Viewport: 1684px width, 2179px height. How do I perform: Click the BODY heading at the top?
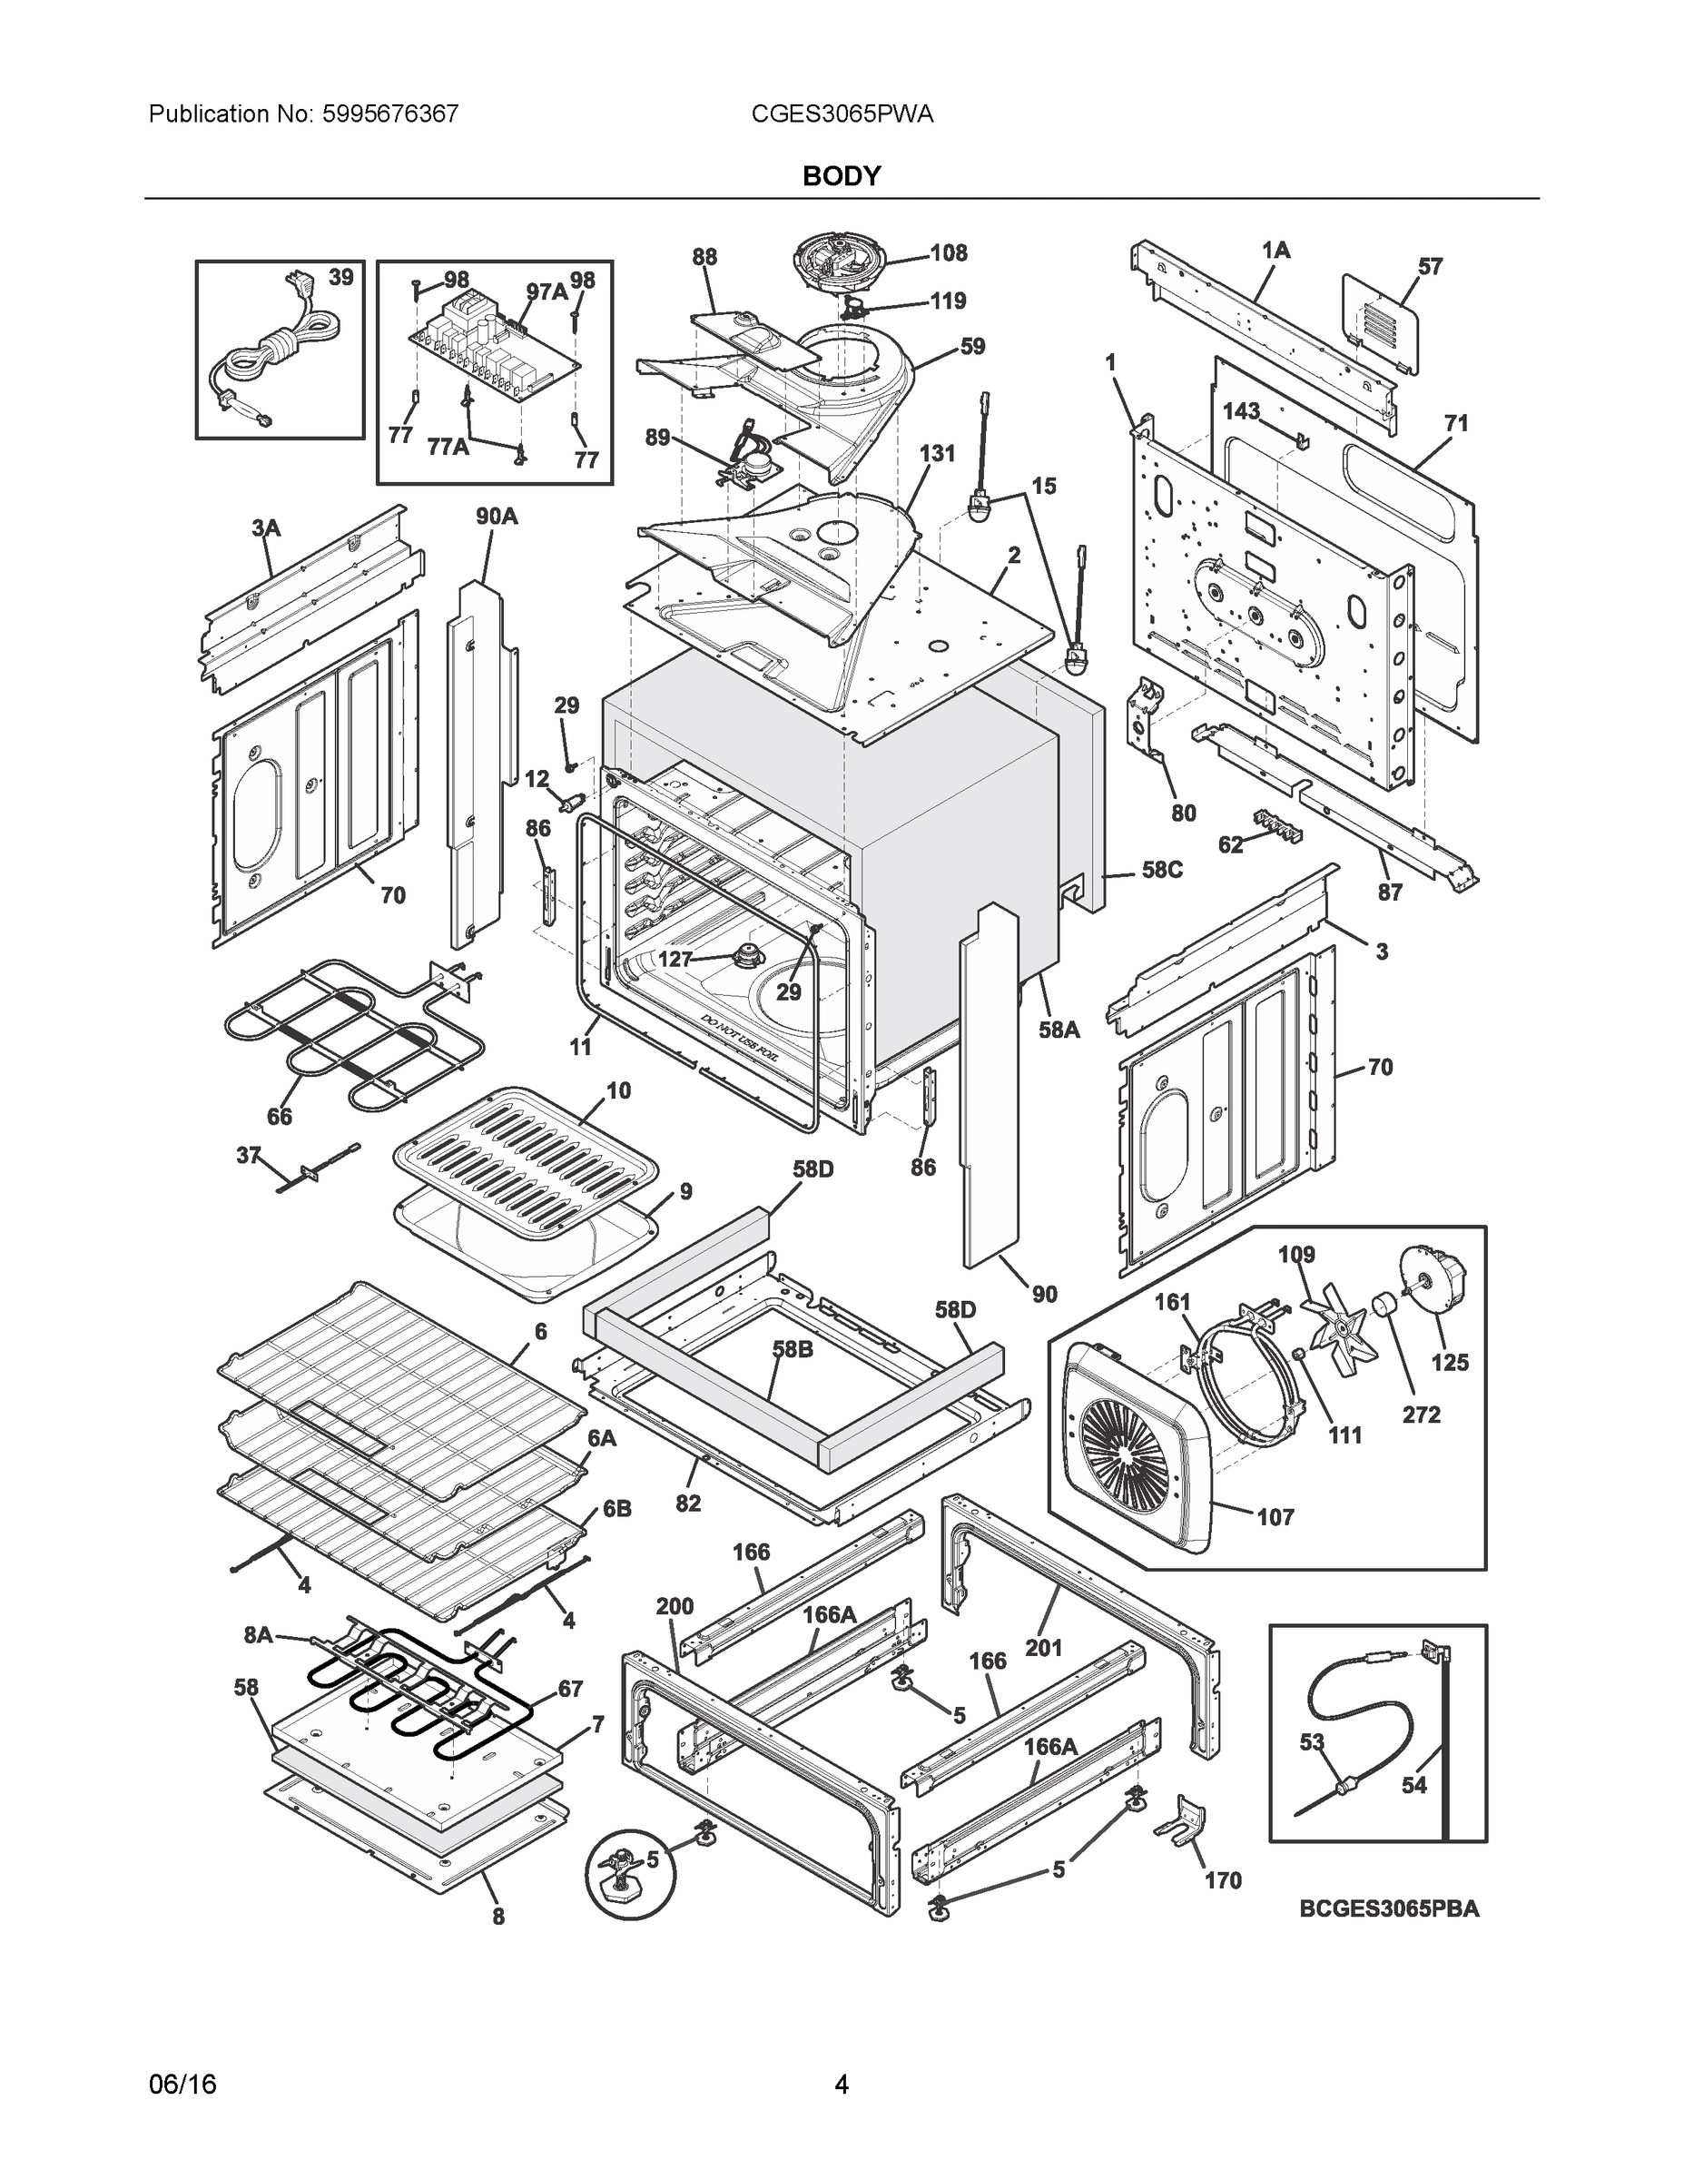click(841, 177)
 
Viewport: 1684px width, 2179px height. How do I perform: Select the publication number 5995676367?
click(389, 114)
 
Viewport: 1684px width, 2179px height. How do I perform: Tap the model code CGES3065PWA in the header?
click(842, 114)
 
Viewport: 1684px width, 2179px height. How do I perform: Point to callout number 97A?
click(547, 291)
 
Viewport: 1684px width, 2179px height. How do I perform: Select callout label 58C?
click(1162, 870)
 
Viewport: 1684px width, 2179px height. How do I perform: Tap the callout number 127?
click(675, 959)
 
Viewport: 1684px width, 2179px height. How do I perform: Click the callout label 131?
click(937, 453)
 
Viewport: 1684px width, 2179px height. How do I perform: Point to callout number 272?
click(1421, 1414)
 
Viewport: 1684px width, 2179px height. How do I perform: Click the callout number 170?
click(1222, 1879)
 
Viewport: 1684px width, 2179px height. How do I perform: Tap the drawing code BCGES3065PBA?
click(1389, 1908)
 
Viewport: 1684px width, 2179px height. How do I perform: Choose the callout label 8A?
click(259, 1634)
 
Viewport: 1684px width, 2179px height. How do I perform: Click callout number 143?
click(1241, 411)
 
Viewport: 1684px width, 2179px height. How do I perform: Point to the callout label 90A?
click(496, 516)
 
